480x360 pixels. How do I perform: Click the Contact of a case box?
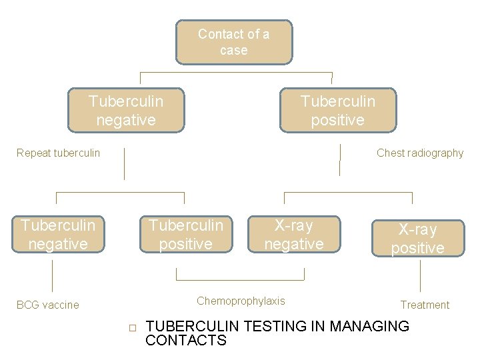[233, 41]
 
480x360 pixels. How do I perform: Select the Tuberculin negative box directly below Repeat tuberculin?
[58, 235]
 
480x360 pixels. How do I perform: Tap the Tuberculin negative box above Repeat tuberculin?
[125, 111]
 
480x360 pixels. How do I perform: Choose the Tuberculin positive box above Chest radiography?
[337, 111]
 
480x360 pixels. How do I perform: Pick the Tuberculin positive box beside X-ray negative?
[185, 235]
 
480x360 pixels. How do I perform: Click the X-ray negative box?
[293, 235]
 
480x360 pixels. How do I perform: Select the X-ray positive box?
[417, 239]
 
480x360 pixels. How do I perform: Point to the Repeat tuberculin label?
[58, 153]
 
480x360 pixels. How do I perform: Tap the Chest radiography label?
[419, 153]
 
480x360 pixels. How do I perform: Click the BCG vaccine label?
[47, 305]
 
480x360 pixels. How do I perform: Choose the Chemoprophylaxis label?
[241, 301]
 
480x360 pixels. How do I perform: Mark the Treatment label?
[425, 305]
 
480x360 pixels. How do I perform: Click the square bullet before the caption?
[132, 328]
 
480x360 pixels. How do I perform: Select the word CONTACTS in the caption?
[186, 341]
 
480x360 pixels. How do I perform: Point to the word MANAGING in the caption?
[370, 327]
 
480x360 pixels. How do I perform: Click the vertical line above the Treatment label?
[421, 275]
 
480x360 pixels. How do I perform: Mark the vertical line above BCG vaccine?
[52, 275]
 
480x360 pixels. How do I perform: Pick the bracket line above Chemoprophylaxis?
[240, 279]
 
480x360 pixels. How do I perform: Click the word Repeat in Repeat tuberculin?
[32, 153]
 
